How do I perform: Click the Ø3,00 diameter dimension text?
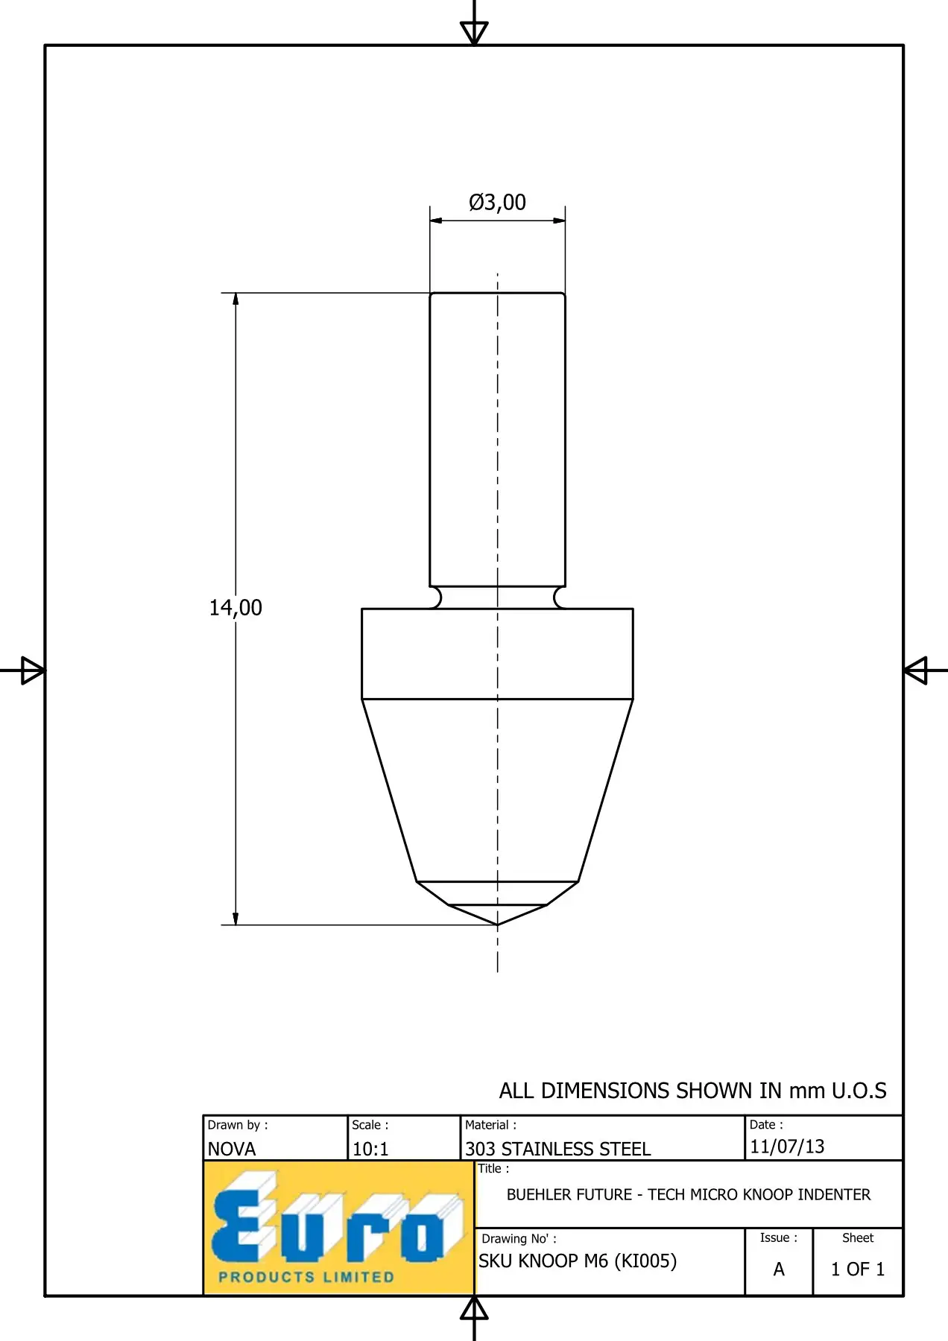497,202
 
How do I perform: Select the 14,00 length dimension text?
236,608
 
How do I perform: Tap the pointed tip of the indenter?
498,925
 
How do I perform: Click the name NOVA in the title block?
232,1149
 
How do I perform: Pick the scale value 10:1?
370,1149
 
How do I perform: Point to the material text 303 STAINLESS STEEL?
558,1149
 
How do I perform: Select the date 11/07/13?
787,1147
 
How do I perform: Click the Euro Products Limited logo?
339,1228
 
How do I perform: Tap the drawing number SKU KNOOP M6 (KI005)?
578,1261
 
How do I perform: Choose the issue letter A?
779,1269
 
